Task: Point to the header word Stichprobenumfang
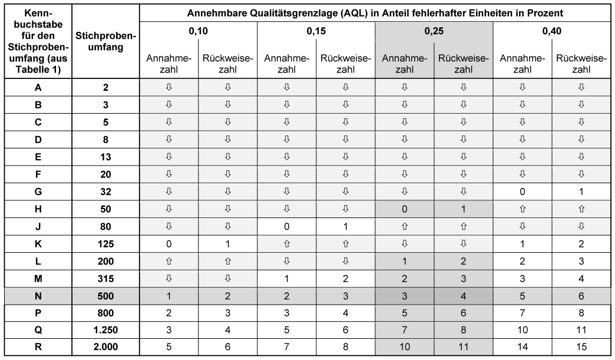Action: coord(106,41)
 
